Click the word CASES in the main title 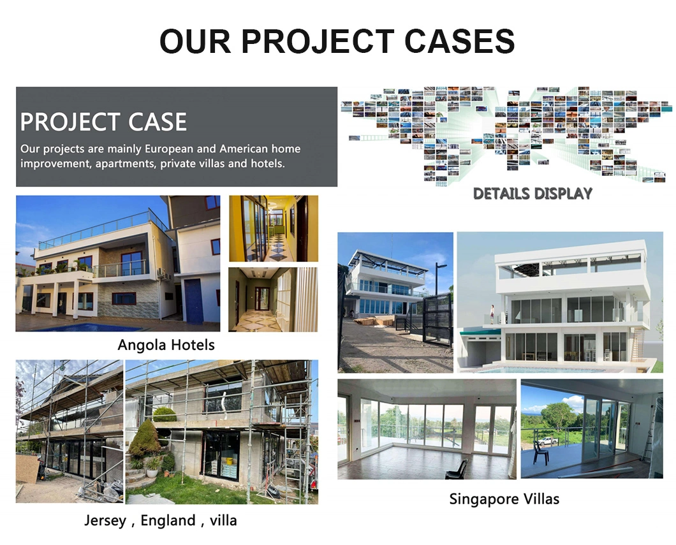pos(460,41)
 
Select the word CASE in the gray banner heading pos(158,122)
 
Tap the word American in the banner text pos(244,149)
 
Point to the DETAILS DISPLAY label pos(533,193)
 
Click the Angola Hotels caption pos(166,345)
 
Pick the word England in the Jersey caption pos(168,520)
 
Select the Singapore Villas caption pos(504,499)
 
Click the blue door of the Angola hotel pos(194,301)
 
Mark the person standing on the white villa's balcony pos(492,314)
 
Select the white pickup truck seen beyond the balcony pos(547,440)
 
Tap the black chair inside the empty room pos(457,470)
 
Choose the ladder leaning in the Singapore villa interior pos(649,435)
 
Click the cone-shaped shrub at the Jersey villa pos(144,439)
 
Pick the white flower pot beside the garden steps pos(152,472)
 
